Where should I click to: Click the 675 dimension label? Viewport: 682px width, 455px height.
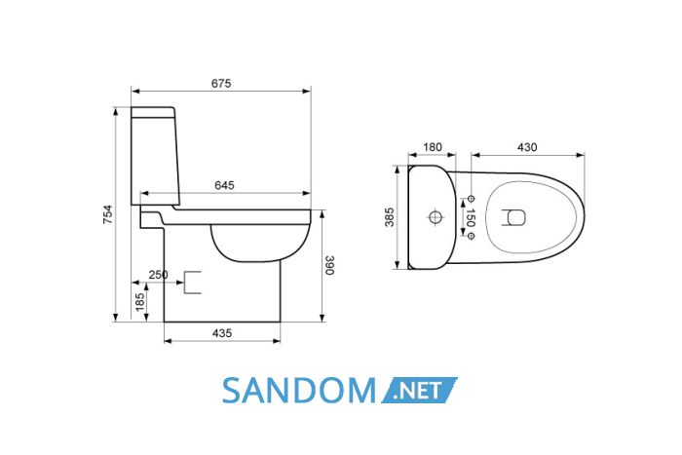(221, 83)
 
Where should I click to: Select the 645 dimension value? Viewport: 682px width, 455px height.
(224, 185)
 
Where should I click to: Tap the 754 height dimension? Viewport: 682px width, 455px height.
(107, 214)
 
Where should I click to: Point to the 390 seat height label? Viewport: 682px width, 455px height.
(329, 265)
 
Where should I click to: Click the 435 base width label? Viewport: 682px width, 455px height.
(222, 333)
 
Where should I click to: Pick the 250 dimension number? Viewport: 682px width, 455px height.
(158, 275)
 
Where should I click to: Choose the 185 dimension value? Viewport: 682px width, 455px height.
(139, 302)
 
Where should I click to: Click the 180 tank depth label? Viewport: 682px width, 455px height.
(433, 147)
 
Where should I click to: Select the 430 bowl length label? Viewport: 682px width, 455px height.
(527, 147)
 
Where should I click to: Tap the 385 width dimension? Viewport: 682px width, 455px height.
(390, 217)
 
